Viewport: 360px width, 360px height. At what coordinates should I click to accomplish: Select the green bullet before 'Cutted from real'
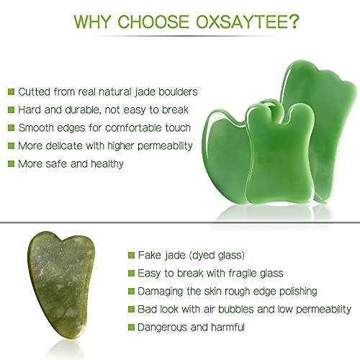(11, 91)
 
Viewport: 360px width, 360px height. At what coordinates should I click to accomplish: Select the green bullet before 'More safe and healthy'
(11, 163)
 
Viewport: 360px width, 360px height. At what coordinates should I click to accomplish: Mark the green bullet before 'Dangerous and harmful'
(130, 327)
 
